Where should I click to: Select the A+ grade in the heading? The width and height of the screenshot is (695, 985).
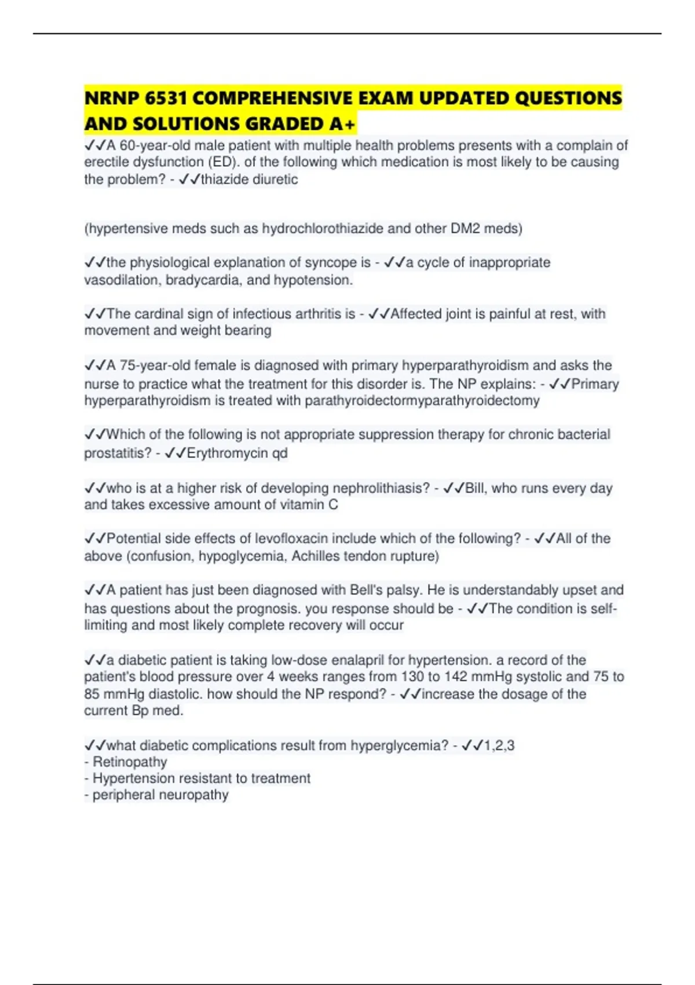click(x=343, y=124)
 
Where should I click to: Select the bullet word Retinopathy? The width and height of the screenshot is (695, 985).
click(x=130, y=762)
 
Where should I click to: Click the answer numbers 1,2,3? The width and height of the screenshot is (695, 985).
click(x=499, y=746)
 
